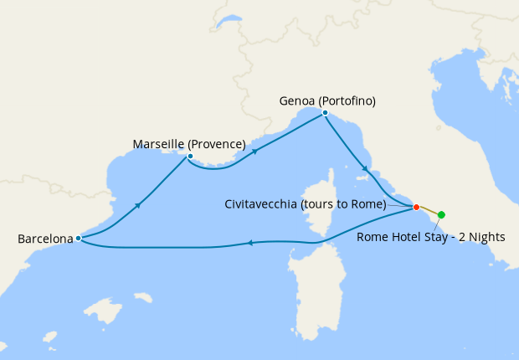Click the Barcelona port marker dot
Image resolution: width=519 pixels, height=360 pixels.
click(78, 238)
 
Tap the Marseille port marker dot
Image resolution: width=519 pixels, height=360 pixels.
click(191, 157)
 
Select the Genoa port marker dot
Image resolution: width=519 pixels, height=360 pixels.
click(325, 112)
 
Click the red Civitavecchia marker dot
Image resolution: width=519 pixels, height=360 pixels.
click(416, 207)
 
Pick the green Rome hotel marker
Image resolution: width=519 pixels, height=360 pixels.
click(441, 215)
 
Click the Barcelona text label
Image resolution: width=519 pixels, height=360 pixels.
click(45, 239)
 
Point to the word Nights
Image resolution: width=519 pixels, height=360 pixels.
click(486, 237)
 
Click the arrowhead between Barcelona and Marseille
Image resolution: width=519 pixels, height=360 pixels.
click(136, 204)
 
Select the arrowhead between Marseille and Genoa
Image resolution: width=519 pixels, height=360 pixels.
click(252, 152)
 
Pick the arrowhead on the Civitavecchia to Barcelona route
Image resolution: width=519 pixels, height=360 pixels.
click(249, 244)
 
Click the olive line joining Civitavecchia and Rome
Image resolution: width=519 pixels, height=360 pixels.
click(429, 210)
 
